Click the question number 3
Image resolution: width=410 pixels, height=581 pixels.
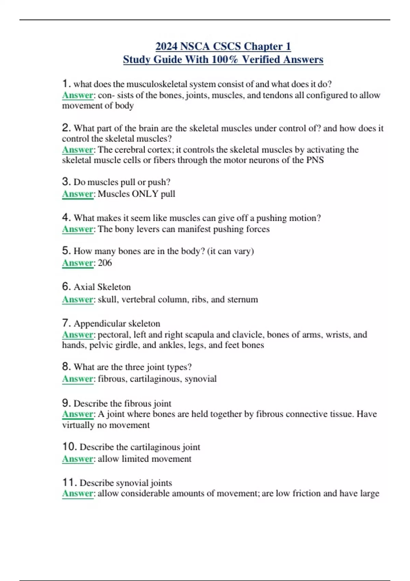coord(66,181)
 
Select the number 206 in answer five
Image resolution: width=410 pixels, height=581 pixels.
coord(105,263)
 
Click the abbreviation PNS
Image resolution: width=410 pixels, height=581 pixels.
coord(315,160)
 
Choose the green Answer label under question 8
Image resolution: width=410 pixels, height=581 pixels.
coord(78,379)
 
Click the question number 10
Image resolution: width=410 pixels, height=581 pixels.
coord(69,447)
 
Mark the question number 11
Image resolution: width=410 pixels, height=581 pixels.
coord(69,483)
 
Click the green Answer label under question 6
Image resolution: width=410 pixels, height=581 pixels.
coord(78,299)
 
